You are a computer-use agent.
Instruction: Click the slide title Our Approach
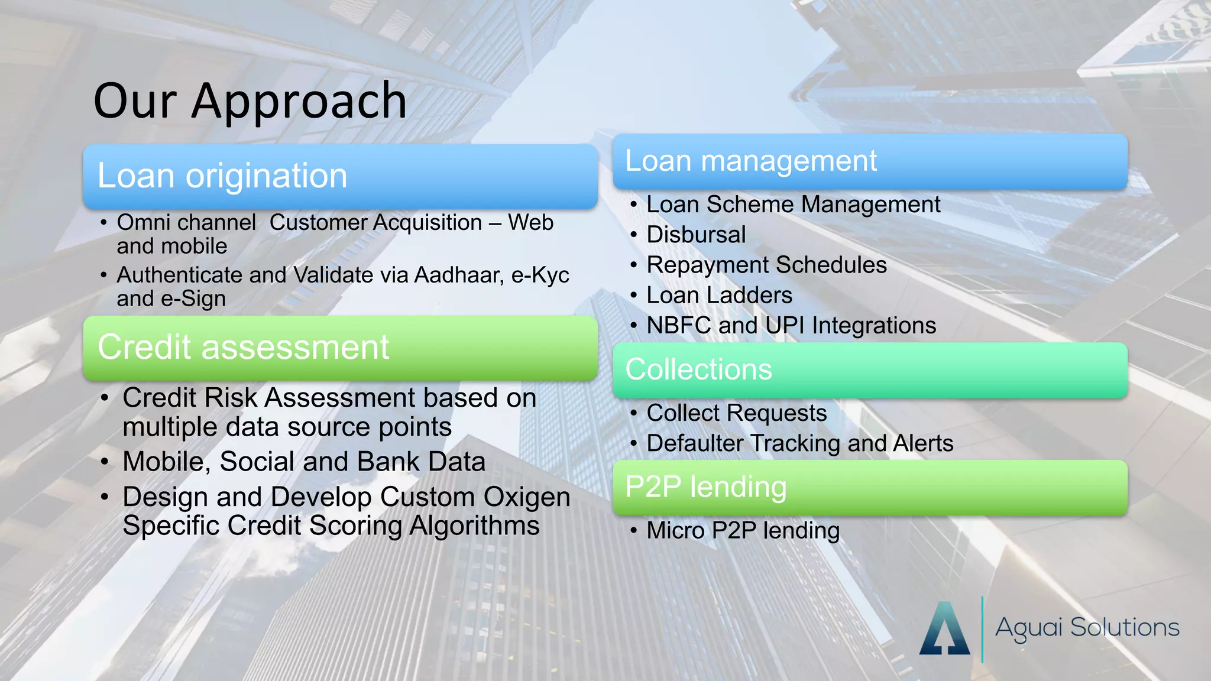[250, 101]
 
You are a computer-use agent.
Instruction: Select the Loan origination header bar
[340, 176]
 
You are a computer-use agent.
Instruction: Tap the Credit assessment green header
[340, 348]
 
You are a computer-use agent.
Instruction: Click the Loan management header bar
[870, 161]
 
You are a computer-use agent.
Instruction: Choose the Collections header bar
[870, 370]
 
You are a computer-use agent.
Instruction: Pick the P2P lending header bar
[870, 487]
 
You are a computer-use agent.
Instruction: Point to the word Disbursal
[696, 235]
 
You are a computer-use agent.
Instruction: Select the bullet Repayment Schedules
[766, 265]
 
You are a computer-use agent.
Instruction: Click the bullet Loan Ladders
[719, 295]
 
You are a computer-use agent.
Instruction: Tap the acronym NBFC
[678, 326]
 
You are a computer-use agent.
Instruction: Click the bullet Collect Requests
[736, 413]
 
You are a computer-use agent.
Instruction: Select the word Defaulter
[694, 443]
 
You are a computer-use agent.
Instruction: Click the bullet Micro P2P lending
[743, 531]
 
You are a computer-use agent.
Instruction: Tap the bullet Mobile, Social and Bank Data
[304, 462]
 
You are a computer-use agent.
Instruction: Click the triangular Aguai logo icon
[944, 629]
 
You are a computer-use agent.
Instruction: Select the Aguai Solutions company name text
[1087, 628]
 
